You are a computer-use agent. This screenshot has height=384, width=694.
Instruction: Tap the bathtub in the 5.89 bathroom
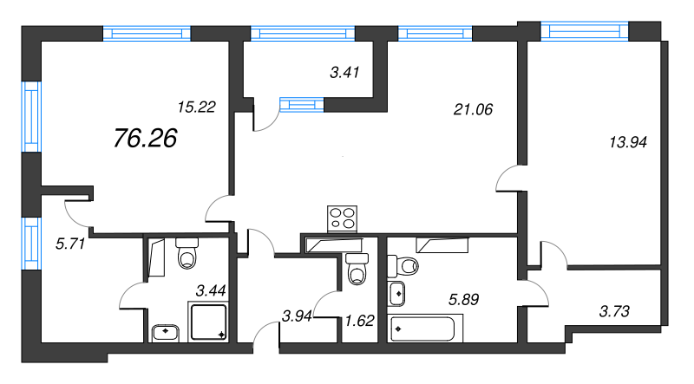[x=427, y=329]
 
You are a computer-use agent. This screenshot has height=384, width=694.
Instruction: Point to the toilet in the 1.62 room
[x=356, y=270]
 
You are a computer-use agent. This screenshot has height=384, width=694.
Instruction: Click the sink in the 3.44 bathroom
[x=165, y=330]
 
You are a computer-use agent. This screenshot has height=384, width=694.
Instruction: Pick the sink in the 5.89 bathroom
[x=397, y=293]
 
